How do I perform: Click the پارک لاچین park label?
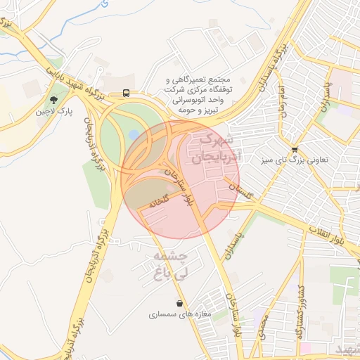click(56, 112)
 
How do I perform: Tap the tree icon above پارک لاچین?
click(55, 98)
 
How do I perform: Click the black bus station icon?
click(126, 92)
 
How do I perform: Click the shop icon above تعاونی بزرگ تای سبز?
click(294, 149)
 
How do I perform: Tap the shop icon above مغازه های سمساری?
click(181, 304)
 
